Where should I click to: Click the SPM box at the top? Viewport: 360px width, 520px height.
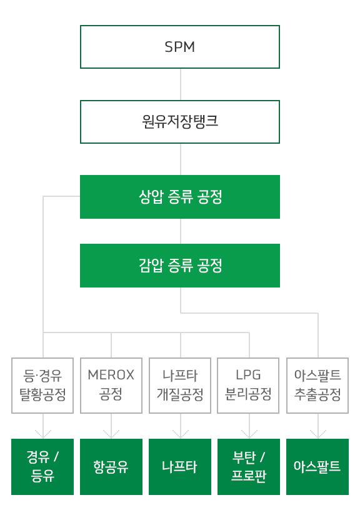(x=180, y=47)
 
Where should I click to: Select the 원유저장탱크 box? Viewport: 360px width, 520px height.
(x=180, y=122)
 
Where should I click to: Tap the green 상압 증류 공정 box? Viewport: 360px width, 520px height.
(x=180, y=197)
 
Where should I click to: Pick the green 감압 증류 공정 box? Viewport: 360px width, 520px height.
(x=180, y=265)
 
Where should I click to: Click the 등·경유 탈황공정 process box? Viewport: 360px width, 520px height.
(x=42, y=386)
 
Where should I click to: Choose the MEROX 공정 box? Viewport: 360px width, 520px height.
(x=111, y=386)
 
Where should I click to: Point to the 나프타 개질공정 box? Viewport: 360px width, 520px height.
(x=180, y=386)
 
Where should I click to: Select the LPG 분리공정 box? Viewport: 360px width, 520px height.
(x=248, y=386)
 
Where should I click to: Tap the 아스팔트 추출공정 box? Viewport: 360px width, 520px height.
(x=317, y=386)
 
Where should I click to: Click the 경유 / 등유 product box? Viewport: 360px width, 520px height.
(x=42, y=467)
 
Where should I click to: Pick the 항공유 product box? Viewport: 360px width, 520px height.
(x=111, y=467)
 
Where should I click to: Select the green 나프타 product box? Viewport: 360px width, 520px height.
(x=180, y=467)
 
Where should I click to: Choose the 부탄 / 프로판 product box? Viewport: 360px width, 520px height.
(x=249, y=467)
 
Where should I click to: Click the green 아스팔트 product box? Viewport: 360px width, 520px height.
(x=317, y=467)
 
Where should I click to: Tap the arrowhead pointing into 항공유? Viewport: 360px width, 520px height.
(x=111, y=435)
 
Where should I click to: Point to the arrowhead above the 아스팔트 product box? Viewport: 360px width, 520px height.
(x=318, y=435)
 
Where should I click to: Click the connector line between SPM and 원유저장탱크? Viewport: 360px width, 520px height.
(x=181, y=84)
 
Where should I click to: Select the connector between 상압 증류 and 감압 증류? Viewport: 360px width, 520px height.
(x=181, y=231)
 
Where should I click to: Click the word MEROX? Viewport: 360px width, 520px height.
(x=111, y=375)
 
